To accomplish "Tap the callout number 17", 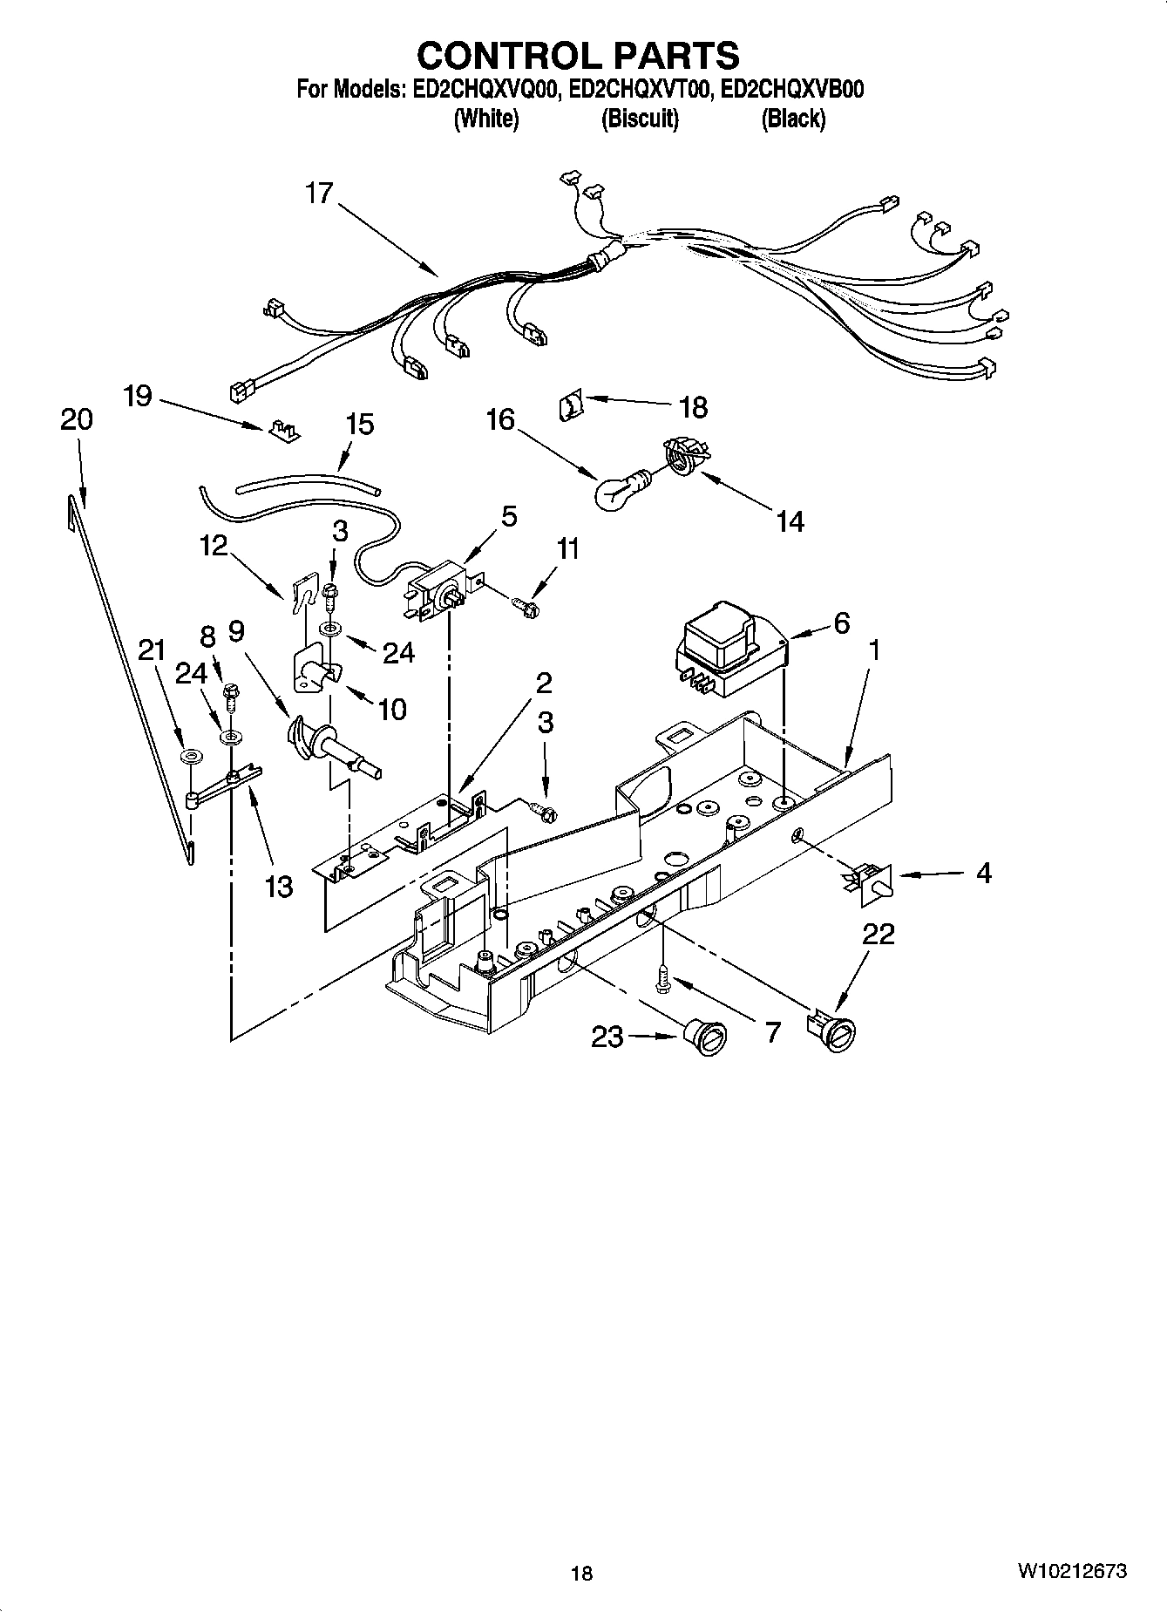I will (x=319, y=194).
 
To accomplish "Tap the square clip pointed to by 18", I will (x=570, y=405).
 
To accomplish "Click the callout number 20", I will (x=77, y=420).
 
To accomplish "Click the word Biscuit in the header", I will (x=640, y=119).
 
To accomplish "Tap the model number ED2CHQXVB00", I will (x=793, y=90).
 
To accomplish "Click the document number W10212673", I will (x=1071, y=1572).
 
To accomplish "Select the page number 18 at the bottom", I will (x=581, y=1573).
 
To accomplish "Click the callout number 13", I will (x=279, y=888).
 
